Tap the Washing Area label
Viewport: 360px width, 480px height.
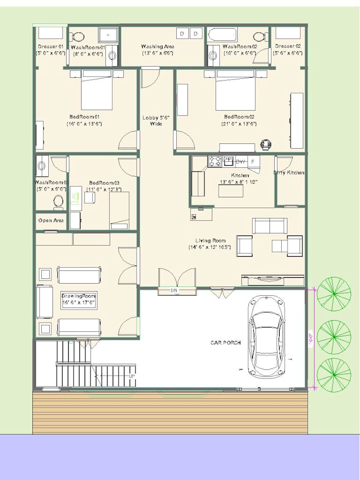[158, 47]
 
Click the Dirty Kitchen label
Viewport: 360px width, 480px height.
[289, 173]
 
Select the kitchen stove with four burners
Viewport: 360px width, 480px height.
[215, 161]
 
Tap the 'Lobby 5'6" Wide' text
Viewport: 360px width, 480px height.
[156, 121]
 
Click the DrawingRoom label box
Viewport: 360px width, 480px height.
[78, 300]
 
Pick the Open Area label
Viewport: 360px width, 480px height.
[51, 220]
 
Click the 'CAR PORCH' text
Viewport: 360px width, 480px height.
[226, 343]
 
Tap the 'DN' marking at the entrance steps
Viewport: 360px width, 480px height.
[173, 291]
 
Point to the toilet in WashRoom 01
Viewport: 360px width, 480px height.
[78, 37]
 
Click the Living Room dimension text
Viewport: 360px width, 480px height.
[210, 247]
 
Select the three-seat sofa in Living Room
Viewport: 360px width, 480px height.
[270, 225]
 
